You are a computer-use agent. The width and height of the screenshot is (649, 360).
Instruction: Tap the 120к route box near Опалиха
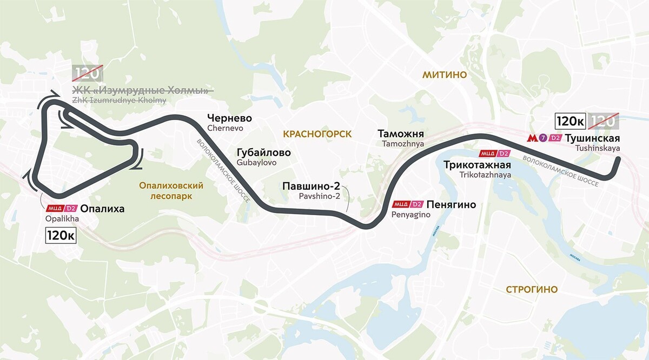click(61, 235)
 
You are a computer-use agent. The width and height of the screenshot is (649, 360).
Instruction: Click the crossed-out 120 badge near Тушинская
click(602, 121)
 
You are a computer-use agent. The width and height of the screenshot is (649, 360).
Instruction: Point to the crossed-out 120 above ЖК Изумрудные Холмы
click(87, 74)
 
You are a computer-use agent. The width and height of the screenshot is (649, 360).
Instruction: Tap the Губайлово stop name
click(263, 152)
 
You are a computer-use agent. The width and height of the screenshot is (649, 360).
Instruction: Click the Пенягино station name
click(451, 204)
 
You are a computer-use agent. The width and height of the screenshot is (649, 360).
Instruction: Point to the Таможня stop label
click(401, 134)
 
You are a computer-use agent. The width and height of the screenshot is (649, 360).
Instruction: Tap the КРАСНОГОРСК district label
click(316, 134)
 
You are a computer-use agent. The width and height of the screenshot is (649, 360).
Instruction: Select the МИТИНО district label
click(445, 75)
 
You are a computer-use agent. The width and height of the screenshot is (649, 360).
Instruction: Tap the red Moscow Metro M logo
click(532, 138)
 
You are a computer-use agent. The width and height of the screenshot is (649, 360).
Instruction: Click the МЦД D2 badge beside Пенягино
click(407, 204)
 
